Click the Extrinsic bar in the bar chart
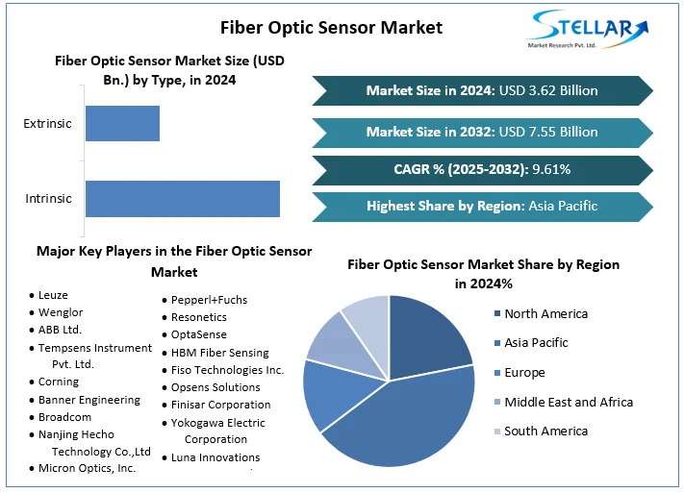[x=122, y=124]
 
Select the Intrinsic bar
[x=182, y=198]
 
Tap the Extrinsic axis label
[x=47, y=124]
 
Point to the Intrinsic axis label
[x=48, y=199]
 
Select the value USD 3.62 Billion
[x=554, y=90]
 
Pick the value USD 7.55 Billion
[x=554, y=132]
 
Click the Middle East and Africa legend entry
[x=568, y=402]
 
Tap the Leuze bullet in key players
[x=53, y=295]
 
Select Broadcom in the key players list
[x=65, y=417]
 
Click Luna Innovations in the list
[x=215, y=457]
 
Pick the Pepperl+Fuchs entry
[x=209, y=300]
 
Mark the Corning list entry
[x=59, y=382]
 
